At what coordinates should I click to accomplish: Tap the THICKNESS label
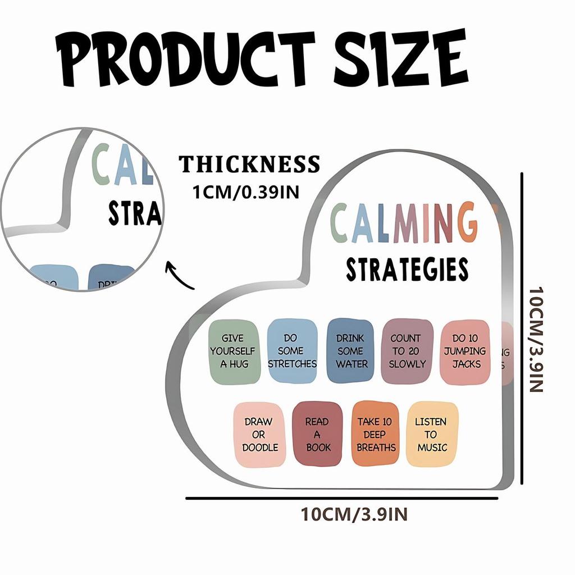(x=249, y=165)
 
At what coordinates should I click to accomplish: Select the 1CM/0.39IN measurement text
(x=245, y=192)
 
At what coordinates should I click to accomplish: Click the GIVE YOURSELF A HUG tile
(x=235, y=351)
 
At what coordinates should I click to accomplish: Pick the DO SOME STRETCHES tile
(x=292, y=351)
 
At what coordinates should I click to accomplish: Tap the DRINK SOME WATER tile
(x=350, y=351)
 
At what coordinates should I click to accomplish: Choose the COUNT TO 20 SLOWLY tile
(x=407, y=351)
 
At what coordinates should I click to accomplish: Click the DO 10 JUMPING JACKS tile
(x=466, y=351)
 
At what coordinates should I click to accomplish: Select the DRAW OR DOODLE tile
(x=260, y=434)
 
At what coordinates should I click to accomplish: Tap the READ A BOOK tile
(x=318, y=434)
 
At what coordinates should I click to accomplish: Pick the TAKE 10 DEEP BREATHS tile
(x=376, y=434)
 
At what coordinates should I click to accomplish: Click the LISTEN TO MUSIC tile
(x=431, y=434)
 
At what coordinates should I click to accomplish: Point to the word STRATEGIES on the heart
(x=407, y=269)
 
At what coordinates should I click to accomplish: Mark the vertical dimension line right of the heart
(x=522, y=328)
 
